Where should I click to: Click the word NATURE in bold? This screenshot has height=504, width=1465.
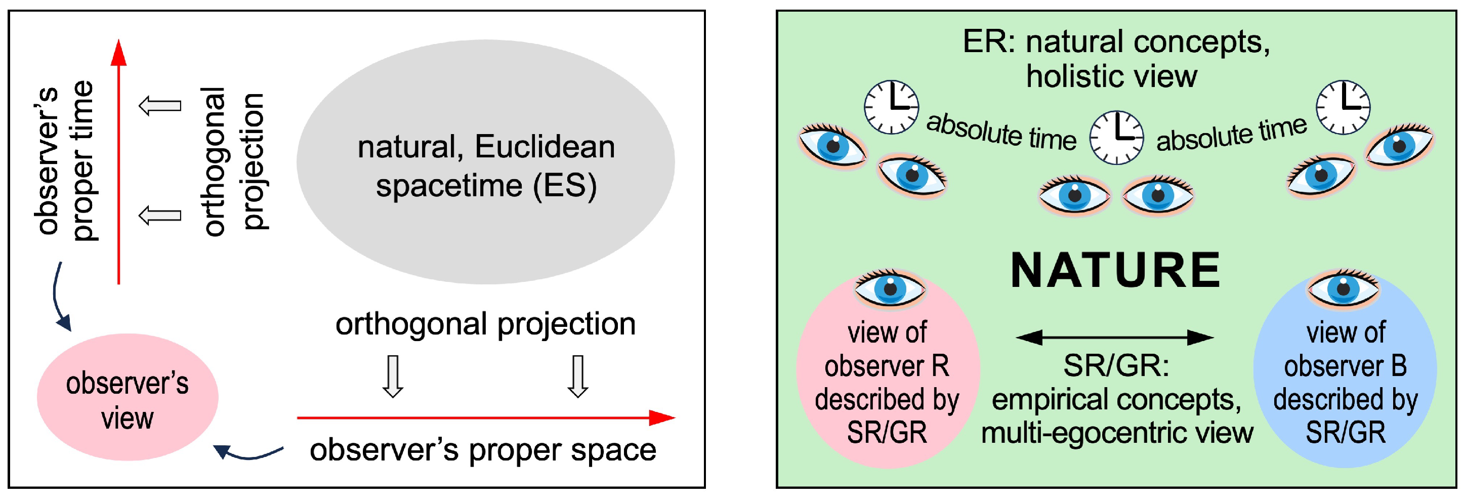coord(1115,271)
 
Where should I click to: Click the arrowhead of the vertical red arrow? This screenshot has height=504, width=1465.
coord(118,52)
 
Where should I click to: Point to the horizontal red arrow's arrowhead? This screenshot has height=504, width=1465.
coord(662,417)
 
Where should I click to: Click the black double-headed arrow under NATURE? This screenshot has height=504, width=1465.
coord(1115,338)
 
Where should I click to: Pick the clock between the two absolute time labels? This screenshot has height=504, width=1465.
coord(1116,138)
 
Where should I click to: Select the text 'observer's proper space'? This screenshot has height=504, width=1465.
coord(483,450)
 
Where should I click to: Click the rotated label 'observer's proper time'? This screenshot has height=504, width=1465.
coord(64,160)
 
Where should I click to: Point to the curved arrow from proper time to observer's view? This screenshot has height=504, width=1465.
coord(59,299)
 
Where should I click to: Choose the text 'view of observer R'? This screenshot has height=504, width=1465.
coord(887,349)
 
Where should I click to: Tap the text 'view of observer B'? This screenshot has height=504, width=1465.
coord(1345,349)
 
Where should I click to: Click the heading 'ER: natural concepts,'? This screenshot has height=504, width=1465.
coord(1116,42)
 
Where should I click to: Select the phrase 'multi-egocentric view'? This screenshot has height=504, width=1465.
coord(1117,433)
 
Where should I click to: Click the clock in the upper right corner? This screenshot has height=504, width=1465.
coord(1343,107)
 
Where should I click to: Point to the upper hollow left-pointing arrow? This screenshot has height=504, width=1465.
coord(160,106)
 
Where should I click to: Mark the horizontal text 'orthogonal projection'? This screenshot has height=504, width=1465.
coord(485,324)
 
